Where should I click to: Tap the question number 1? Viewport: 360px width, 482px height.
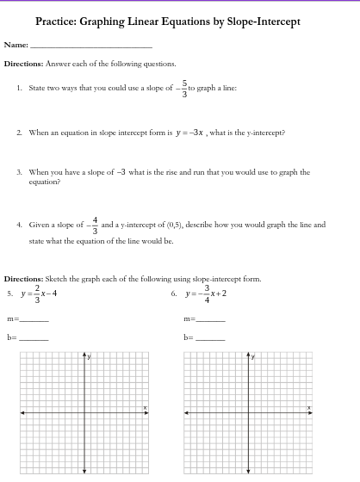(x=20, y=88)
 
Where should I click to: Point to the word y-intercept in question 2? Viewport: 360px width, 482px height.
(x=265, y=133)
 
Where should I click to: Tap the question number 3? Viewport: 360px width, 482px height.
(x=20, y=172)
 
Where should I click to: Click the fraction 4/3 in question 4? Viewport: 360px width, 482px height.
(x=94, y=225)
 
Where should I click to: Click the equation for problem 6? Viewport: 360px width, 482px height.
(x=205, y=294)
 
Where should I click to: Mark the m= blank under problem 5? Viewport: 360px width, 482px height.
(x=34, y=319)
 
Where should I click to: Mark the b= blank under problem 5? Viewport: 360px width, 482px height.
(x=34, y=338)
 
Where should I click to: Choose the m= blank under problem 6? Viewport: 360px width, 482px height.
(x=209, y=319)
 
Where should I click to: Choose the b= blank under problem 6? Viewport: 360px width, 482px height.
(x=209, y=338)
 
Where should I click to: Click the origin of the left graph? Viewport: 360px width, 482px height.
(x=84, y=413)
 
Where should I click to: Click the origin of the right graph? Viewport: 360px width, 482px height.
(x=249, y=413)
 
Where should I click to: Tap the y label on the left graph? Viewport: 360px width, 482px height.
(x=89, y=355)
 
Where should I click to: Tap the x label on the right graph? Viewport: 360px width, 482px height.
(x=309, y=408)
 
